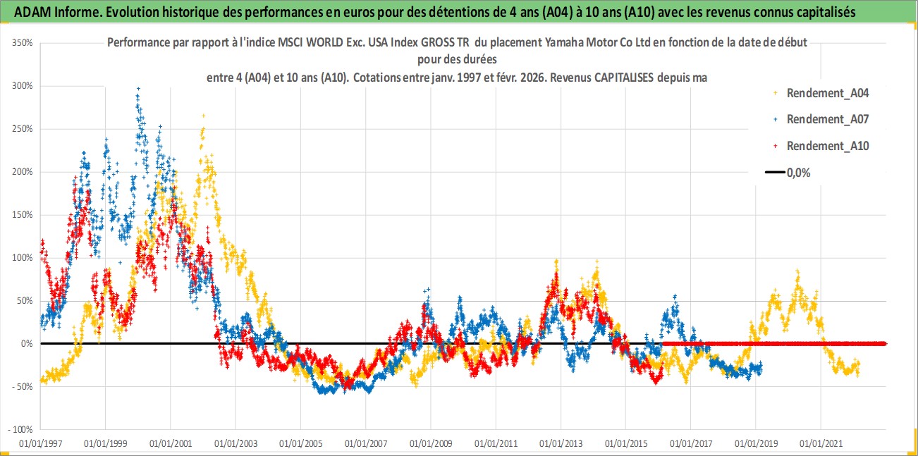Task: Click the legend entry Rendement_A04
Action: [827, 92]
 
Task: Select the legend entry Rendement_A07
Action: [827, 119]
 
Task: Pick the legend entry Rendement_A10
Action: [827, 146]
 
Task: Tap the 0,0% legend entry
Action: [797, 173]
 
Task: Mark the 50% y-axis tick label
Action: [25, 301]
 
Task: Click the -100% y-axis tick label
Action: [21, 429]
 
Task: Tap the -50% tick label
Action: [23, 386]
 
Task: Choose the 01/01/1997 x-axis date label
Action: [40, 444]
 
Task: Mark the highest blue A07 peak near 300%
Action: [138, 89]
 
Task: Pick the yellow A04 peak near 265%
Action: [203, 116]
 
